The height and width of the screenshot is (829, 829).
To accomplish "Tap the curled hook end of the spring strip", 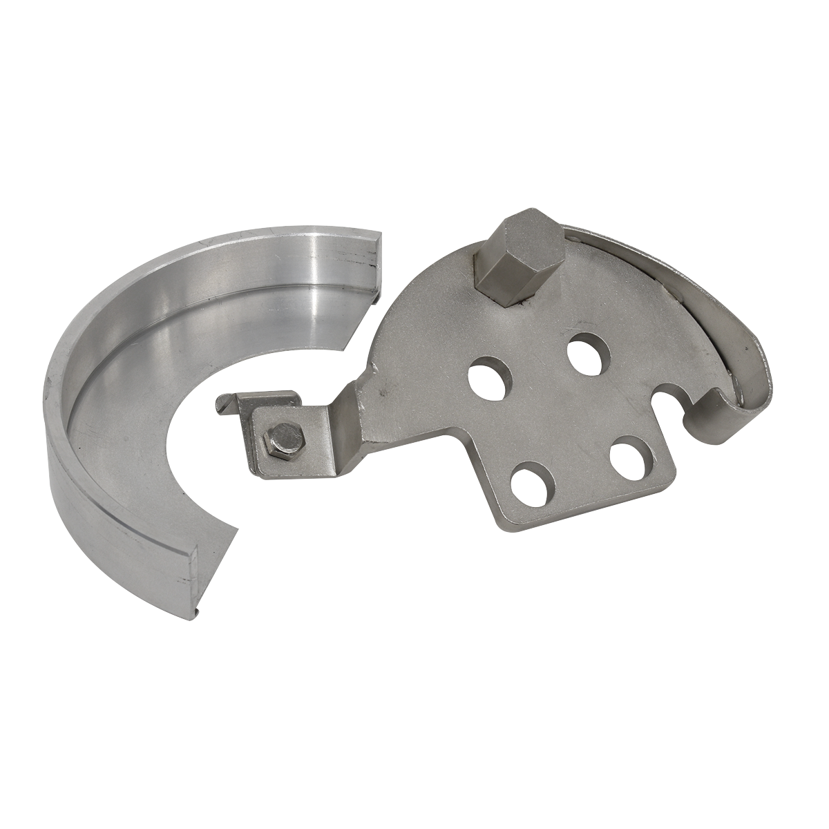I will (718, 421).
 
